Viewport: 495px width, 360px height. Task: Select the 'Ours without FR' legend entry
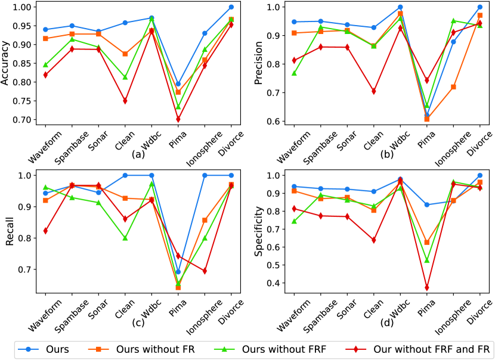[x=156, y=348]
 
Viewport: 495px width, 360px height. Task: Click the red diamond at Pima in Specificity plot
[x=427, y=287]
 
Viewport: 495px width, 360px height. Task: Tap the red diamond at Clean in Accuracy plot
[x=125, y=101]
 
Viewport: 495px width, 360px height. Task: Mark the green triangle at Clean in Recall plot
[x=125, y=238]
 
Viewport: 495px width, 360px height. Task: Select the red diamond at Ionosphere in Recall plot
[x=205, y=271]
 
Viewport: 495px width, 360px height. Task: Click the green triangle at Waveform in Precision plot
[x=293, y=73]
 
